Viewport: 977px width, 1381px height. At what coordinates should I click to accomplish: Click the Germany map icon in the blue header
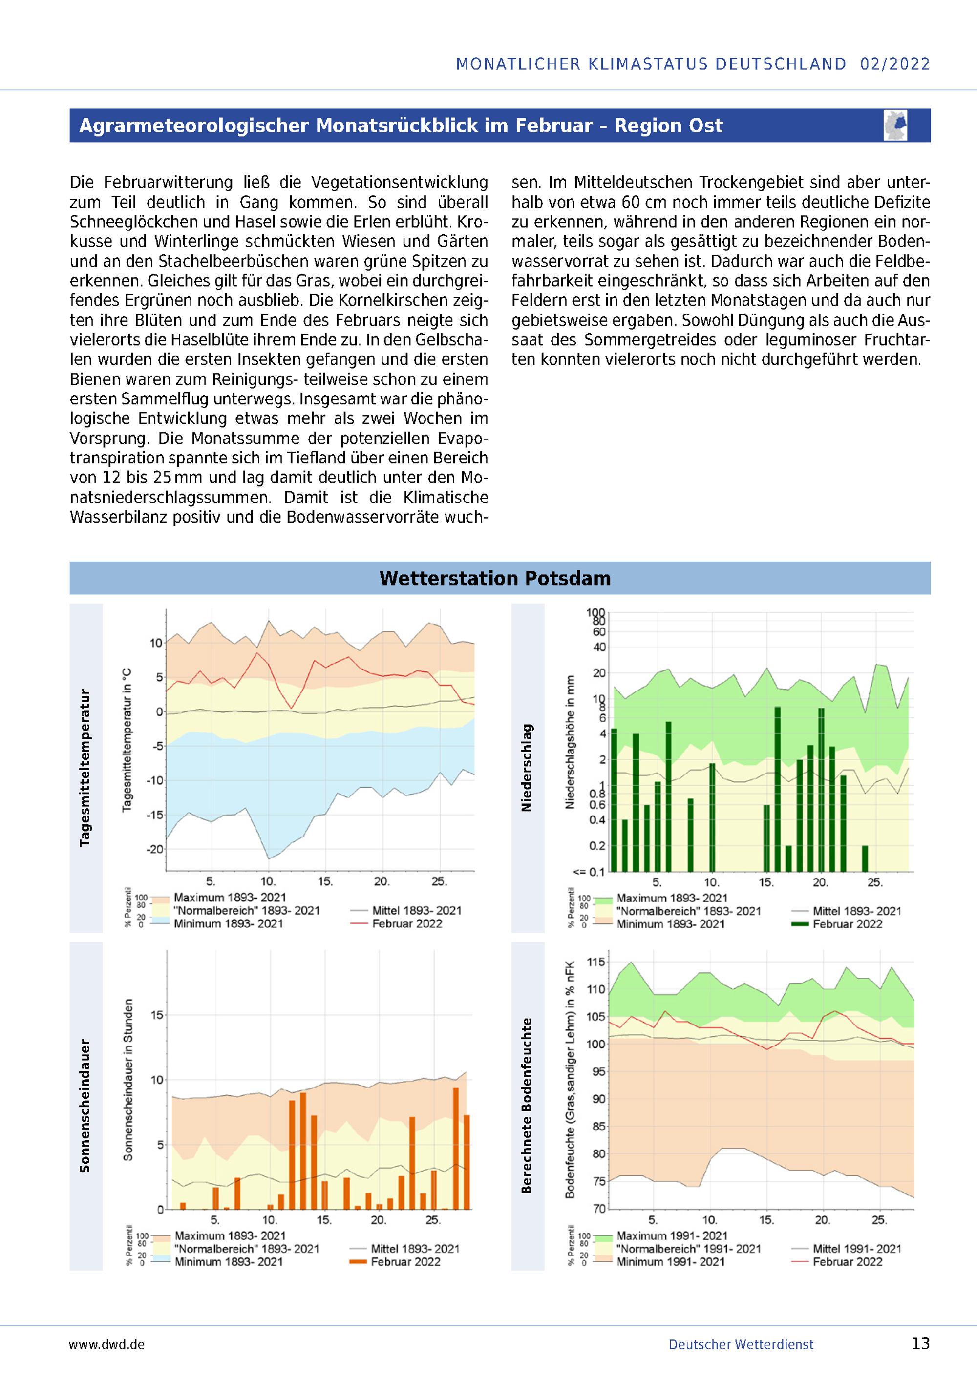click(x=896, y=125)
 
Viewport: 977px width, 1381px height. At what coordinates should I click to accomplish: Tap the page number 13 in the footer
click(x=920, y=1343)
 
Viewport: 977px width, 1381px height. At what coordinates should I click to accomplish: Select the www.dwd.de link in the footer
click(x=107, y=1344)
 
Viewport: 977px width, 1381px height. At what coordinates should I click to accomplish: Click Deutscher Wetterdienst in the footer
click(x=741, y=1344)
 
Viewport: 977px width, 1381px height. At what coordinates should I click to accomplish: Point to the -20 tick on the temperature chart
click(x=155, y=849)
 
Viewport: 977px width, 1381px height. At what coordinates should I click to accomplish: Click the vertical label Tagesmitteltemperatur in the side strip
click(x=85, y=768)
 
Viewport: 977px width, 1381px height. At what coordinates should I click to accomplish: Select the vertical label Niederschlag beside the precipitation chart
click(x=527, y=768)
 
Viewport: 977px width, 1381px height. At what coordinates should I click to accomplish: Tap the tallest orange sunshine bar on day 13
click(x=302, y=1151)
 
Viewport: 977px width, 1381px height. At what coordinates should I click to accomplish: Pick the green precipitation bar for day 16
click(x=777, y=789)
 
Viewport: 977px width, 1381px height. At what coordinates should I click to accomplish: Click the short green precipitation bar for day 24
click(x=865, y=858)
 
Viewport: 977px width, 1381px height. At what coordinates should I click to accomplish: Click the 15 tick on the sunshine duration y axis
click(x=156, y=1015)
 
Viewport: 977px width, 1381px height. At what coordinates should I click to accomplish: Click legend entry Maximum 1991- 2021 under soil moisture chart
click(x=672, y=1236)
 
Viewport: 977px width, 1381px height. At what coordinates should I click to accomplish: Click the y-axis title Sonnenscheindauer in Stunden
click(x=128, y=1080)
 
